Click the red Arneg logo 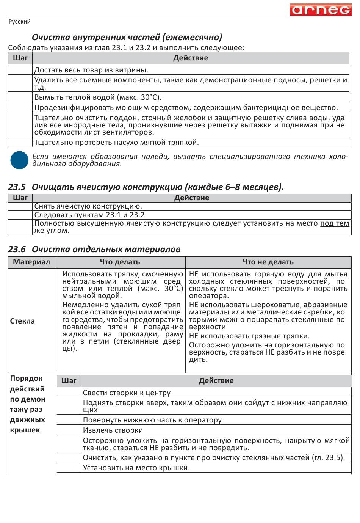coord(321,9)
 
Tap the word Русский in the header coord(19,22)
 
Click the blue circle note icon coord(19,160)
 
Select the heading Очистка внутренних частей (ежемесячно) coord(127,37)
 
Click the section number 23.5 coord(17,187)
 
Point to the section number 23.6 coord(17,249)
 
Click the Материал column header coord(31,262)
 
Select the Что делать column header coord(120,262)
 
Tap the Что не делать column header coord(268,262)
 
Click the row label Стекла coord(22,321)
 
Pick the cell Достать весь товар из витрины coord(91,70)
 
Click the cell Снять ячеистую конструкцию coord(88,206)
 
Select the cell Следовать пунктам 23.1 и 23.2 coord(89,215)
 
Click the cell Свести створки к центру coord(127,393)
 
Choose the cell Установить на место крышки coord(136,468)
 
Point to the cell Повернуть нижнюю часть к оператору coord(152,420)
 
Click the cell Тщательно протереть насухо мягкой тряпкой coord(116,142)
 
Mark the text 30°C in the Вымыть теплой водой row coord(150,97)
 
